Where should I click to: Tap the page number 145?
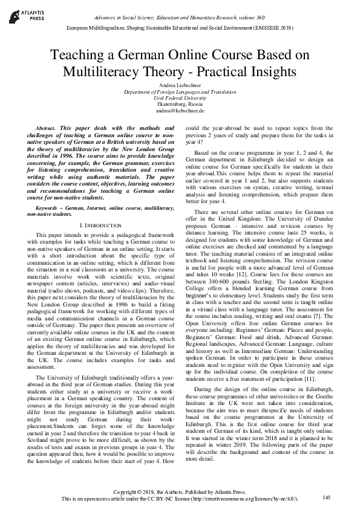click(327, 497)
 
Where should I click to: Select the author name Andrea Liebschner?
click(180, 85)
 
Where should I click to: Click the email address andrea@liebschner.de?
click(180, 111)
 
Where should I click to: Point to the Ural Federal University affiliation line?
click(180, 98)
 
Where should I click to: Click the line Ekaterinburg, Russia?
click(180, 105)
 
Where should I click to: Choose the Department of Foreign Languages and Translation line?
click(180, 92)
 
